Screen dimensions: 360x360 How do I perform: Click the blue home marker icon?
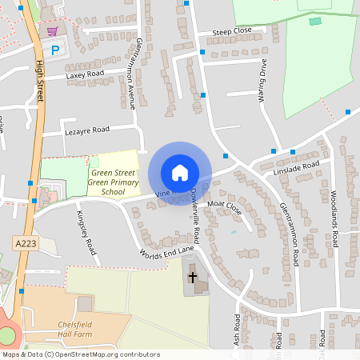pyautogui.click(x=180, y=173)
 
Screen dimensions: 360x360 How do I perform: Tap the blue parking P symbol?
pyautogui.click(x=55, y=50)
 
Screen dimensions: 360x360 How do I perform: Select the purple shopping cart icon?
pyautogui.click(x=53, y=31)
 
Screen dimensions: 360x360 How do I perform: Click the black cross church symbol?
pyautogui.click(x=192, y=278)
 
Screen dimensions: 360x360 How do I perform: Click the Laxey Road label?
pyautogui.click(x=86, y=74)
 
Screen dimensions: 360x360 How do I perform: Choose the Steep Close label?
pyautogui.click(x=232, y=32)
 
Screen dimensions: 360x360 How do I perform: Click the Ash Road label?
pyautogui.click(x=237, y=330)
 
